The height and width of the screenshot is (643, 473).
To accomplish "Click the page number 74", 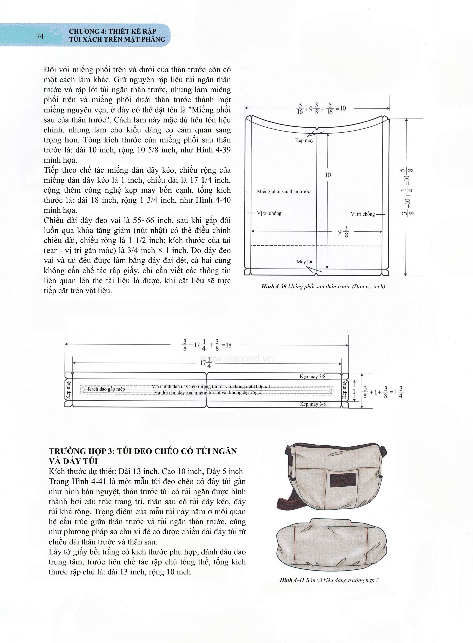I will (40, 36).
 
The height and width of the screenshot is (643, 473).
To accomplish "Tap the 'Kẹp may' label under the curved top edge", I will (304, 140).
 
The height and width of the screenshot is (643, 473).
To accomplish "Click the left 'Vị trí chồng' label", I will (269, 213).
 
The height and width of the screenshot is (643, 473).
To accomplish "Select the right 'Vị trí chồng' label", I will (363, 214).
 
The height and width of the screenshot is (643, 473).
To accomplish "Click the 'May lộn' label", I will (305, 262).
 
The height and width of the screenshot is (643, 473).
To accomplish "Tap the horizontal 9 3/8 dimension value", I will (343, 232).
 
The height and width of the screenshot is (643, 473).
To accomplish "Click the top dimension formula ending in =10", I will (320, 109).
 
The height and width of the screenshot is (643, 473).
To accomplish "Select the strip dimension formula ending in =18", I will (207, 345).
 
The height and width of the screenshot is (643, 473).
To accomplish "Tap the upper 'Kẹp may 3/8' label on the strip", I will (312, 377).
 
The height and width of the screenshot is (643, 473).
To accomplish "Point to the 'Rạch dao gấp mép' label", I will (106, 389).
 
